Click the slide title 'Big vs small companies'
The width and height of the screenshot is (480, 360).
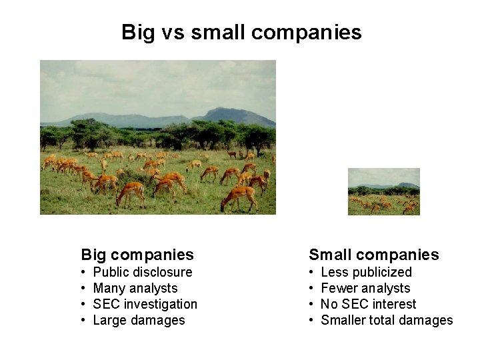pyautogui.click(x=241, y=32)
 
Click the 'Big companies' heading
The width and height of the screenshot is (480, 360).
pyautogui.click(x=137, y=254)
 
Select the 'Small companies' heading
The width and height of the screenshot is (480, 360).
pyautogui.click(x=373, y=254)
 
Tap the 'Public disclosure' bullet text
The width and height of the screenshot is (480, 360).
pyautogui.click(x=143, y=272)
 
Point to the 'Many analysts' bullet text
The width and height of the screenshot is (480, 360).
pyautogui.click(x=135, y=288)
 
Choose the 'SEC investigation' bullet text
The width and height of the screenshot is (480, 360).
pyautogui.click(x=145, y=304)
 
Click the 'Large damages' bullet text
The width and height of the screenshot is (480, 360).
pyautogui.click(x=139, y=320)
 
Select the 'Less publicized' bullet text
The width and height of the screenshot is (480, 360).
pyautogui.click(x=366, y=272)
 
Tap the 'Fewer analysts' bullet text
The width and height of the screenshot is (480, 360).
pyautogui.click(x=365, y=288)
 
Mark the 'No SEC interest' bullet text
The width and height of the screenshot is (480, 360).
pyautogui.click(x=368, y=304)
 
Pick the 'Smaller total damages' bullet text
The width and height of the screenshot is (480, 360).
pyautogui.click(x=387, y=320)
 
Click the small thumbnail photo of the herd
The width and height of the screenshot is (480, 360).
pyautogui.click(x=384, y=191)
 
